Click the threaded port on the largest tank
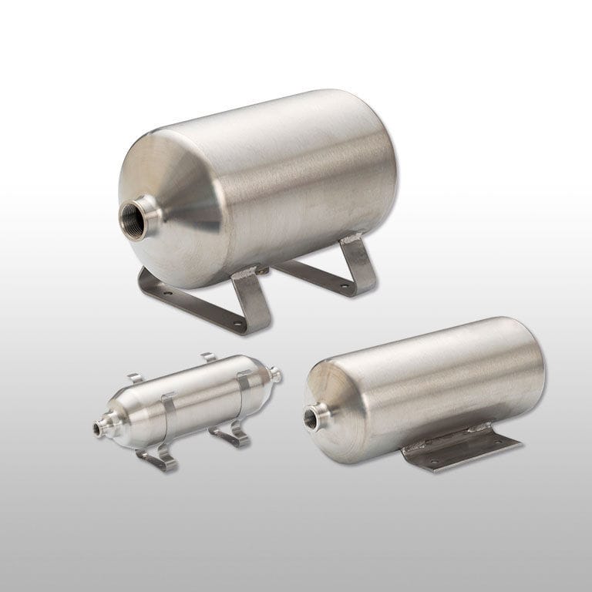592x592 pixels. (140, 215)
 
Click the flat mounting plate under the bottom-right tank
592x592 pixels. (462, 452)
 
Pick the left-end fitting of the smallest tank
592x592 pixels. (100, 425)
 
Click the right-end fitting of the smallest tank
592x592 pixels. (275, 375)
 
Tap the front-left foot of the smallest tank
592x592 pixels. (158, 462)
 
